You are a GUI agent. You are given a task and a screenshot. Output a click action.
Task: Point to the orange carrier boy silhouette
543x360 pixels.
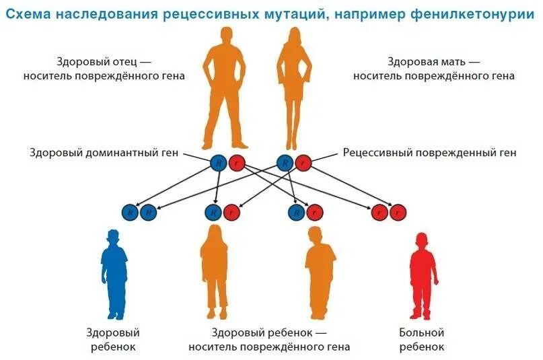(x=319, y=273)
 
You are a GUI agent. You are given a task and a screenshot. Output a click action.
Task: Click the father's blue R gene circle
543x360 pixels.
(x=218, y=162)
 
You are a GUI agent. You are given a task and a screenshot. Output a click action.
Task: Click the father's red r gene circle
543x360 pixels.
(x=236, y=162)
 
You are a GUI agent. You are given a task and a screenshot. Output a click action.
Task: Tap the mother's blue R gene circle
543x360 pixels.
(x=285, y=162)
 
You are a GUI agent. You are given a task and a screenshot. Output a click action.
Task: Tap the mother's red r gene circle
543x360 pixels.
(x=303, y=162)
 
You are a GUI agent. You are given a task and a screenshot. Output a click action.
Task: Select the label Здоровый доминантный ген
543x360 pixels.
(x=104, y=153)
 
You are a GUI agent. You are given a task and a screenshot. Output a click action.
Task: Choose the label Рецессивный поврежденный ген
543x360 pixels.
(x=430, y=153)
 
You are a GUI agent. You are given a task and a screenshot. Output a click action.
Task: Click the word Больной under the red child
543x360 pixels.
(x=422, y=332)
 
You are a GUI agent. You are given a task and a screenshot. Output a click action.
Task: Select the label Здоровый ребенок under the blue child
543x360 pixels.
(x=112, y=339)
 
